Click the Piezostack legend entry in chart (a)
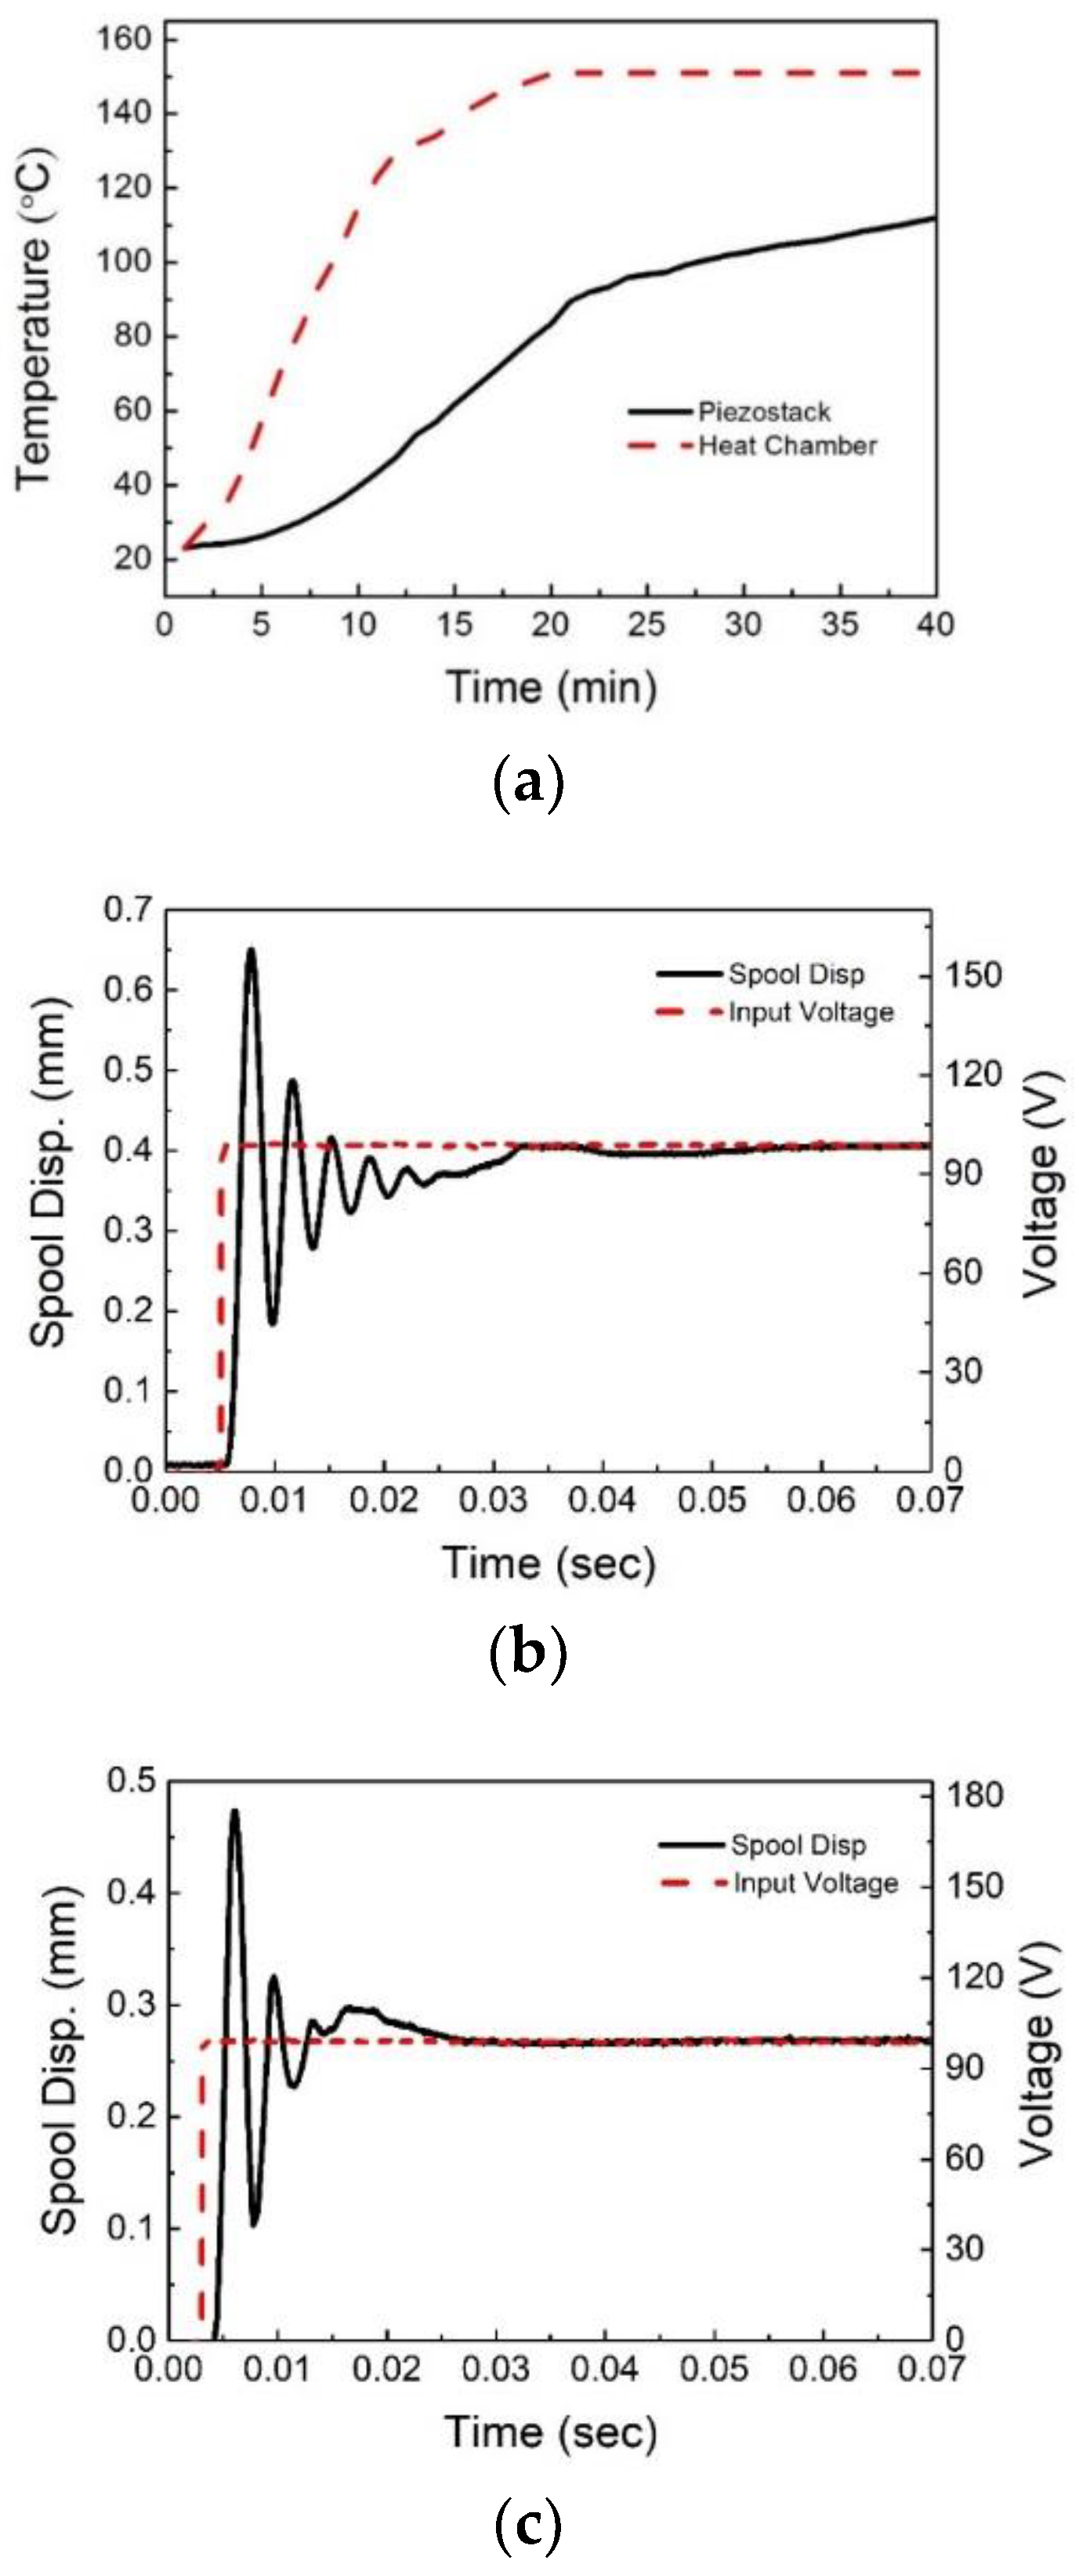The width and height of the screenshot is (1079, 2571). [x=763, y=411]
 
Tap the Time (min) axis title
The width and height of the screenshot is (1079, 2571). [x=551, y=688]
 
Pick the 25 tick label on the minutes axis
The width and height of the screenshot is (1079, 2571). [x=646, y=625]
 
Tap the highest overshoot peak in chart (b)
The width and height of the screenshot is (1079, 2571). [x=252, y=949]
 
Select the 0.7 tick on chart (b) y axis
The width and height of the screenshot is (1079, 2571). [x=128, y=909]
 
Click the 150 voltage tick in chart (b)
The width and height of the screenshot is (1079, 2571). [x=973, y=975]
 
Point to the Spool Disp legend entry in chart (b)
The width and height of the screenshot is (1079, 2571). [x=795, y=973]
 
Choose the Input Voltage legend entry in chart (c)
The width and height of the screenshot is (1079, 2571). [x=816, y=1883]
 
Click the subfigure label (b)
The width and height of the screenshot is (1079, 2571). [x=528, y=1652]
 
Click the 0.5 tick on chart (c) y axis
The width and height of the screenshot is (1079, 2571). [x=132, y=1781]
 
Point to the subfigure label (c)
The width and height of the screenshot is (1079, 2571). [x=528, y=2525]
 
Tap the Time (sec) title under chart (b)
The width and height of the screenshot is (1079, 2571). [x=549, y=1563]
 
